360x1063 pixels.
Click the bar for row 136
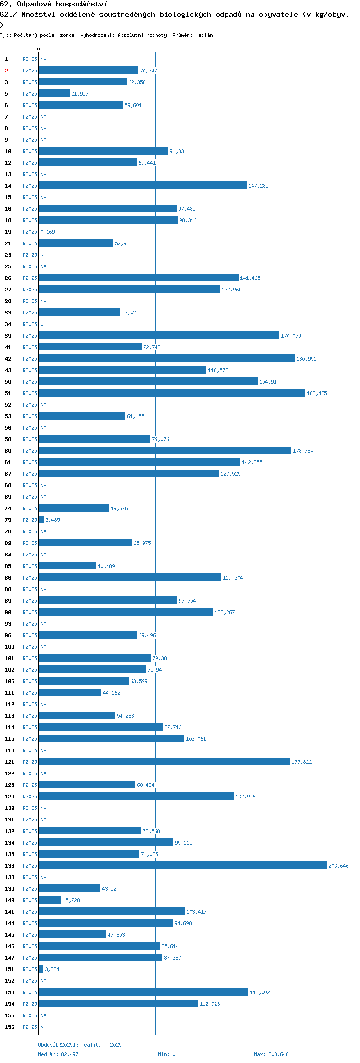pos(183,865)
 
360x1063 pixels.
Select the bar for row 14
pos(143,185)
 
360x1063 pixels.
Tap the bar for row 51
pos(172,393)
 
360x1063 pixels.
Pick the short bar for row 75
pos(41,519)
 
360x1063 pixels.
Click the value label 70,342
pos(148,71)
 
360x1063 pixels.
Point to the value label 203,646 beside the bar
pos(338,866)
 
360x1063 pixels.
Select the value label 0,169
pos(48,232)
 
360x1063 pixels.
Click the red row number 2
pos(6,71)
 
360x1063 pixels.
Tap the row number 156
pos(10,1027)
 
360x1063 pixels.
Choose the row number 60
pos(8,451)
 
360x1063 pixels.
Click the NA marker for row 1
pos(43,59)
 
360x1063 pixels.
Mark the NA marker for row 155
pos(43,1015)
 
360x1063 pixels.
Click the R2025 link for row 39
pos(30,336)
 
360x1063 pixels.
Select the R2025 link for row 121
pos(30,762)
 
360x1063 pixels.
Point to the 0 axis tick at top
pos(39,49)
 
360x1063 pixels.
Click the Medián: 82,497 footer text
pos(58,1054)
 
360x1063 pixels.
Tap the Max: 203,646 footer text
pos(271,1054)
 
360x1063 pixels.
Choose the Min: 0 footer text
pos(167,1054)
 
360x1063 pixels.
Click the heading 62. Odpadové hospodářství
pos(54,4)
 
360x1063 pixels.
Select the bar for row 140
pos(50,900)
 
